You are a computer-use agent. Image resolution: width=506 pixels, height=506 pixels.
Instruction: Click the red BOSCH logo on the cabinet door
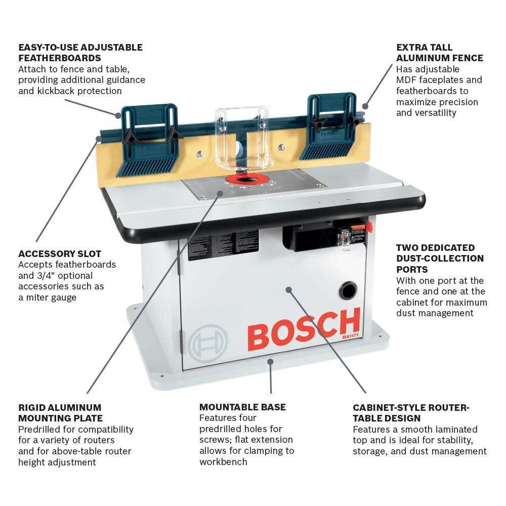tap(304, 329)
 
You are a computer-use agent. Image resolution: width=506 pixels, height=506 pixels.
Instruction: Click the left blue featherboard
tap(149, 139)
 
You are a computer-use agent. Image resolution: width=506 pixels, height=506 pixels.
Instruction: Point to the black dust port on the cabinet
tap(348, 290)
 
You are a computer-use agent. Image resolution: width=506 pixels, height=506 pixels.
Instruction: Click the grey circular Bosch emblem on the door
tap(207, 343)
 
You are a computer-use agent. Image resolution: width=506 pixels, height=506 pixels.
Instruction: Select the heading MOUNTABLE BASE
tap(242, 407)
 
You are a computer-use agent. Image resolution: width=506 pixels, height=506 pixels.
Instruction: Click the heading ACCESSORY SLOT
tap(60, 254)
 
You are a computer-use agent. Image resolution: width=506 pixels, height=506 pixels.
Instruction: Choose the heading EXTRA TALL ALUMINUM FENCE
tap(439, 53)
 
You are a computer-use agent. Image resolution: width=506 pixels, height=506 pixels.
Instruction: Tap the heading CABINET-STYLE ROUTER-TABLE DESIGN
tap(411, 412)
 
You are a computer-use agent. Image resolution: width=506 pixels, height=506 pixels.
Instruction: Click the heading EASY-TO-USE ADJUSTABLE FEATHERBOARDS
tap(80, 53)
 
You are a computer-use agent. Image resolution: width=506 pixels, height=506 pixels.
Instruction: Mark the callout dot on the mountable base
tap(270, 361)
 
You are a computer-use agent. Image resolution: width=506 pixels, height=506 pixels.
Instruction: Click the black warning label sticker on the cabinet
tap(223, 245)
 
